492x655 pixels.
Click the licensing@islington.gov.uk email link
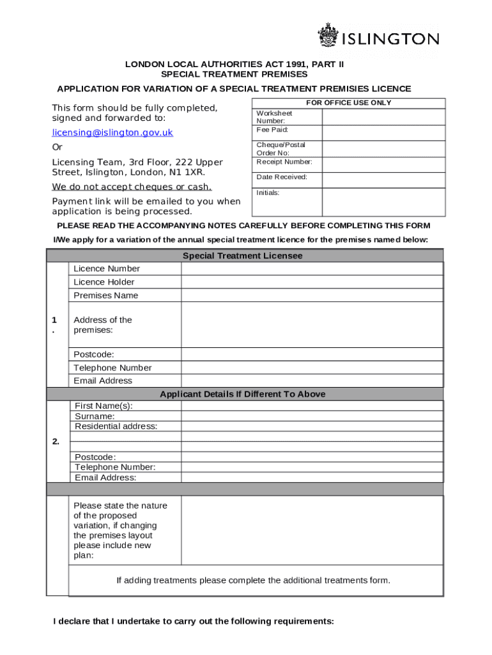tap(112, 132)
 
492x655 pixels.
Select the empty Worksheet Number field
tap(383, 116)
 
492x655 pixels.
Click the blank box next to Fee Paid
tap(383, 132)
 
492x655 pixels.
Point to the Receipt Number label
tap(284, 162)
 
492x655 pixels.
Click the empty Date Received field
tap(383, 180)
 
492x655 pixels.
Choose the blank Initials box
tap(383, 202)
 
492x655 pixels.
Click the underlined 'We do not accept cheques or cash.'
tap(132, 187)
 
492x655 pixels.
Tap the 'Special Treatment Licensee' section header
tap(243, 256)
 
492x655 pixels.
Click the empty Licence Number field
tap(312, 269)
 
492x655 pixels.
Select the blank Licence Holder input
tap(312, 282)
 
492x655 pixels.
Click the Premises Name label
tap(105, 296)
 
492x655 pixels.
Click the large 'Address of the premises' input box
tap(312, 324)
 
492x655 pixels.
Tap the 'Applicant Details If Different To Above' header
tap(243, 394)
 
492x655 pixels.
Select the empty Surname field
tap(312, 416)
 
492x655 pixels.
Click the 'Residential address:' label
tap(116, 426)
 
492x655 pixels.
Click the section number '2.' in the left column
tap(56, 441)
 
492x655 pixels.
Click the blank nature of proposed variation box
tap(312, 530)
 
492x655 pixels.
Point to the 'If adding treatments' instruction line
tap(253, 580)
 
